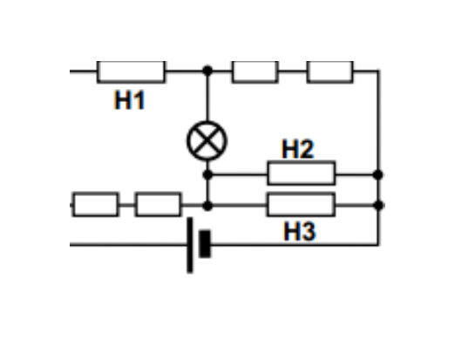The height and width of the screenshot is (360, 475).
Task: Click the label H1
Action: (130, 100)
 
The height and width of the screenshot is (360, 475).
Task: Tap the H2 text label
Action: (298, 149)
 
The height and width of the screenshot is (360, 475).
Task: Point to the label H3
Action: (300, 231)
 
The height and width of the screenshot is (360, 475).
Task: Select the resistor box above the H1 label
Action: (132, 71)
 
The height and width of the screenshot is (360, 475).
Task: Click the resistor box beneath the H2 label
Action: (302, 173)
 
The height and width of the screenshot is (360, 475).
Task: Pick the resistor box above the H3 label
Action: (302, 205)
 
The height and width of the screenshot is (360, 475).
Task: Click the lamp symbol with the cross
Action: (207, 141)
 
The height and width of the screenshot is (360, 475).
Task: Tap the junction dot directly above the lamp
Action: (207, 71)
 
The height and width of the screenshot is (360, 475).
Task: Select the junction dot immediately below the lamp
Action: (207, 175)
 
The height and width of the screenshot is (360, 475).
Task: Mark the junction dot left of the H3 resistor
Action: (207, 206)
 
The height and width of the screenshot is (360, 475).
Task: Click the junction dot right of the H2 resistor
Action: (378, 175)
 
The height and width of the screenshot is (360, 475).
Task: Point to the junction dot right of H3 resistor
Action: (378, 206)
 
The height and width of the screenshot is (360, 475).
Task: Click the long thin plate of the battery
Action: (190, 245)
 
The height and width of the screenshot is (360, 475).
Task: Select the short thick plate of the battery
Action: (205, 244)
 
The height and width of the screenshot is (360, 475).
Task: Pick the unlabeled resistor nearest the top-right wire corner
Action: (330, 71)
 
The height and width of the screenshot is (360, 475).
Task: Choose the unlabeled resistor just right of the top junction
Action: (255, 71)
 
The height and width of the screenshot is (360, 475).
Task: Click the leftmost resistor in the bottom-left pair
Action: (95, 205)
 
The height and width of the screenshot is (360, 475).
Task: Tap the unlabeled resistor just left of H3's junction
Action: (159, 205)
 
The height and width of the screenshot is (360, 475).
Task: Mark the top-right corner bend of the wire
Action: (378, 71)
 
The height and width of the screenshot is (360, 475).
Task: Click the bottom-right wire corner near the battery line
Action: (378, 244)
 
